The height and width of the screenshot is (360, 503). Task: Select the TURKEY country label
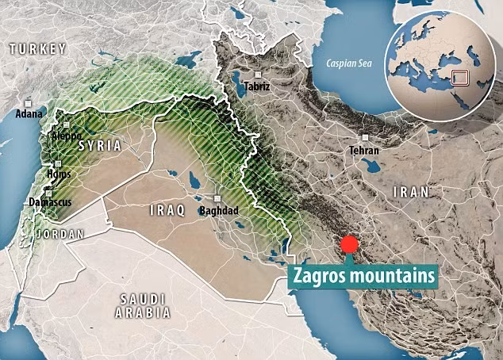[37, 49]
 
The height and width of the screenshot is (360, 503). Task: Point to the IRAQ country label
[167, 210]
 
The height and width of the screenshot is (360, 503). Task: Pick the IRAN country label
[410, 192]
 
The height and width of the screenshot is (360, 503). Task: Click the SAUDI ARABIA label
[143, 304]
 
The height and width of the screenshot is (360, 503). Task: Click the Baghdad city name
[220, 210]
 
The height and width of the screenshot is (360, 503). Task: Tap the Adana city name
[29, 114]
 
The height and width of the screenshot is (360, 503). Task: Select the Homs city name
[58, 174]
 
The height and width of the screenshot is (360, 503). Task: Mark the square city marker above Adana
[29, 102]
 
